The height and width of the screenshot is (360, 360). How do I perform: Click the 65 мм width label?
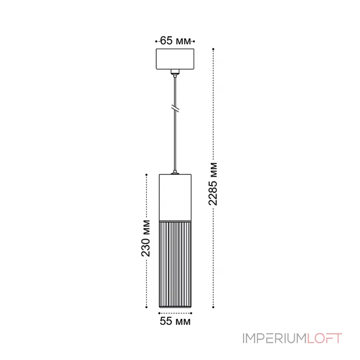175,41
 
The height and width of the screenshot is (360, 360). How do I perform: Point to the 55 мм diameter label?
175,321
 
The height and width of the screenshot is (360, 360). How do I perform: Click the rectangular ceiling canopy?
175,59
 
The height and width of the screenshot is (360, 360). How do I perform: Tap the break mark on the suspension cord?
175,109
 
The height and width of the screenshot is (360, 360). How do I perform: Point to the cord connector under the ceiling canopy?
175,72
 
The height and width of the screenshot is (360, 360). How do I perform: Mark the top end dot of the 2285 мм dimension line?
214,48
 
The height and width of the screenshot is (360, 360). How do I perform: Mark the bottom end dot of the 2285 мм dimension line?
214,308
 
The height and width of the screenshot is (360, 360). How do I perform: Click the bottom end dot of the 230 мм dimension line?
147,308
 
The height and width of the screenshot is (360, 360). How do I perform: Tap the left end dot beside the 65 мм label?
156,41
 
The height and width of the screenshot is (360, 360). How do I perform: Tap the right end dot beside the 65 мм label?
194,41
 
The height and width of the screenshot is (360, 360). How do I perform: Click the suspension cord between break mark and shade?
175,139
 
